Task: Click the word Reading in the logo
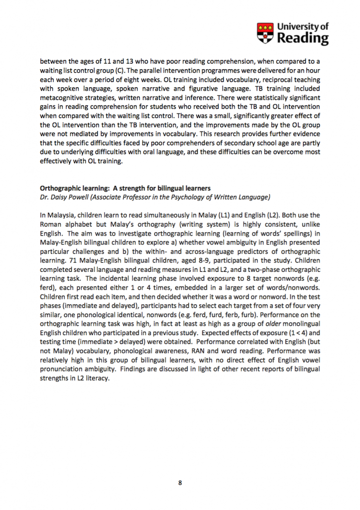click(303, 38)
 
